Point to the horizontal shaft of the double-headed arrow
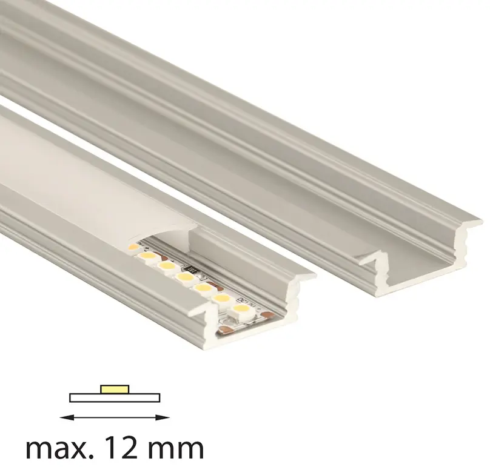pyautogui.click(x=115, y=417)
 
